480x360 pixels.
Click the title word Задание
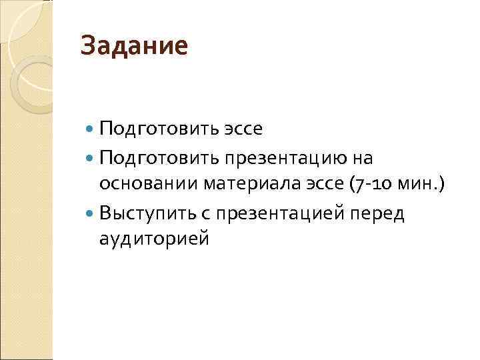tap(134, 47)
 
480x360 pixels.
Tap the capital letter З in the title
tap(87, 47)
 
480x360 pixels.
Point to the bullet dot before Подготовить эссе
tap(91, 128)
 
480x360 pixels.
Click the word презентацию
tap(279, 158)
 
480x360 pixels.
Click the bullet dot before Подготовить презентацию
tap(91, 158)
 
